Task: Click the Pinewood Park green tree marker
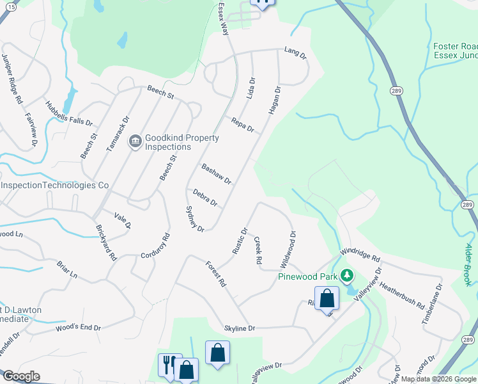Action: tap(347, 276)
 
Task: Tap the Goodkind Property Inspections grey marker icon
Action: tap(135, 142)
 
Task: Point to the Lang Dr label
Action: tap(295, 54)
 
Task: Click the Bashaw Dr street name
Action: tap(216, 174)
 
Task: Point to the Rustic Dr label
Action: tap(240, 241)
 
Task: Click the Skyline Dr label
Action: tap(240, 328)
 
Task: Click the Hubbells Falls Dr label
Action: tap(69, 113)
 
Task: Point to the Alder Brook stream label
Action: tap(470, 264)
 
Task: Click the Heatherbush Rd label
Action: tap(403, 295)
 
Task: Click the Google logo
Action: tap(20, 376)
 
